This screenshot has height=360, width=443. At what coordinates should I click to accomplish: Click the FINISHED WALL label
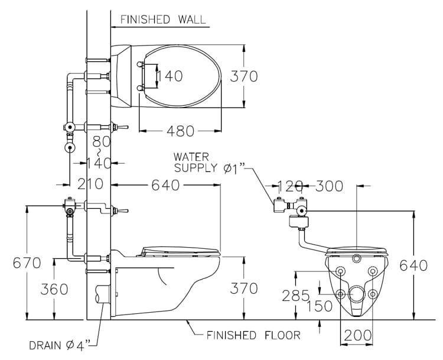[163, 19]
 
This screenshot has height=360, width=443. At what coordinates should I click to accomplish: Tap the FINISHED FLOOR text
[253, 335]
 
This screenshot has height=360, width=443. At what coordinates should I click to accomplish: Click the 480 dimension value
[179, 131]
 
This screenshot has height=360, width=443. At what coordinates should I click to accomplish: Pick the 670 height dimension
[27, 262]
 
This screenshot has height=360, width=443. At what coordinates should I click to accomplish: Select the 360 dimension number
[54, 289]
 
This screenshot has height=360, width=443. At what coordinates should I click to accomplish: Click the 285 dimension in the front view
[295, 294]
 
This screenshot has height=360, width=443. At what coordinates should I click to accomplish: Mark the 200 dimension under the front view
[357, 335]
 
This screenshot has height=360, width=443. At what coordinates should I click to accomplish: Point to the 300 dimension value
[328, 186]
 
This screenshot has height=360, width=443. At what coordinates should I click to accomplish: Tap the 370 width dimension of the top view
[244, 76]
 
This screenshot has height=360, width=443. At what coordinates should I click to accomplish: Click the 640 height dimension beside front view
[413, 265]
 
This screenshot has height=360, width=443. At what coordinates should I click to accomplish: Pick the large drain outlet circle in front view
[357, 294]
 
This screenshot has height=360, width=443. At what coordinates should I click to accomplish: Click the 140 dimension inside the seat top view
[170, 76]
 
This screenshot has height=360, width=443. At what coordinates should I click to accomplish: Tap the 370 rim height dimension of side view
[244, 288]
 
